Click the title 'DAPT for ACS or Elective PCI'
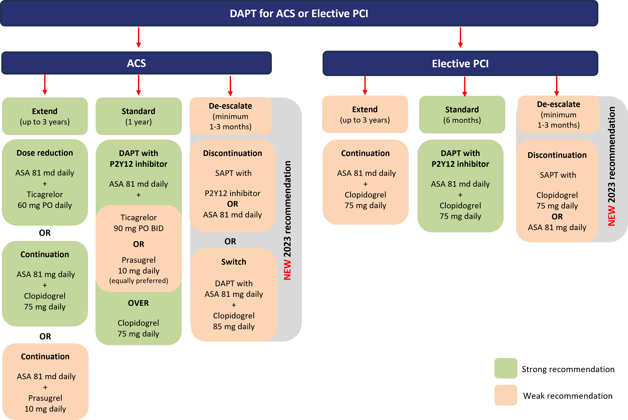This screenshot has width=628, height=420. tap(299, 13)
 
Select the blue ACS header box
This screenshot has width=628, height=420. tap(136, 63)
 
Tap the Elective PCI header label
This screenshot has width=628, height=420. tap(460, 64)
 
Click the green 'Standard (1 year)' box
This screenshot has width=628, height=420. tap(139, 116)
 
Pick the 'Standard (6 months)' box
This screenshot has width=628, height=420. tap(462, 115)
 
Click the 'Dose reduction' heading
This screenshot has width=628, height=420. tap(45, 153)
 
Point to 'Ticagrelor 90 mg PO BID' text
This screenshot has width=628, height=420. tap(139, 223)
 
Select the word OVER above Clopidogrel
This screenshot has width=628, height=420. tap(138, 303)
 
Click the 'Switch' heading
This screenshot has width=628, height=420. tap(234, 262)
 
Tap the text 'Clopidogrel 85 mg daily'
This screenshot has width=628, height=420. tap(234, 321)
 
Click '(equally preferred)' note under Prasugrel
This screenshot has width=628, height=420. tap(139, 280)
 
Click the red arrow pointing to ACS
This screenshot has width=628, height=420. tap(139, 37)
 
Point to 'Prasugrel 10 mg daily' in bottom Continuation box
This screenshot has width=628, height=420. tap(45, 403)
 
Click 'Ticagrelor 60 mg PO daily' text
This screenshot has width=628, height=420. tap(45, 200)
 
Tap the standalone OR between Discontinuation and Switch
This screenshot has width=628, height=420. tap(230, 241)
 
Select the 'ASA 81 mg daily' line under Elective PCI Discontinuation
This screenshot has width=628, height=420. tap(557, 227)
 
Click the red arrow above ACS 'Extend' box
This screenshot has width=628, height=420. tap(45, 85)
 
